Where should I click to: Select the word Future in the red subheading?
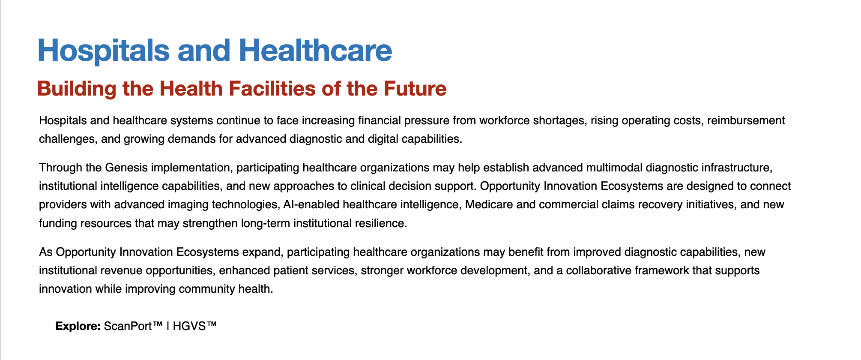[415, 89]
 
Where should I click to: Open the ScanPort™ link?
[133, 326]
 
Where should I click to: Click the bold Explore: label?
[78, 326]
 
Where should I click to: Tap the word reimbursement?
[746, 120]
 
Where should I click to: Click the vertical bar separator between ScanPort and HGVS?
[168, 326]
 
